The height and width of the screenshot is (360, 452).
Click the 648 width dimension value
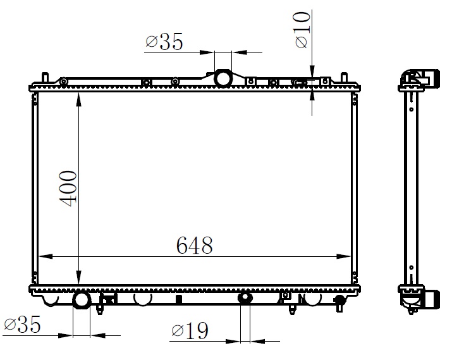pyautogui.click(x=194, y=245)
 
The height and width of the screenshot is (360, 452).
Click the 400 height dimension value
pyautogui.click(x=68, y=189)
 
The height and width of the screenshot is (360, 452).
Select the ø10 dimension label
pyautogui.click(x=302, y=30)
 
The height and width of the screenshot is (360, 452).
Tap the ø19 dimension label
pyautogui.click(x=190, y=330)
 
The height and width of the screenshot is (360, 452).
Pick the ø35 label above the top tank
pyautogui.click(x=164, y=41)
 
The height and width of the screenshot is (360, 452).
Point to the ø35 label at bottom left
pyautogui.click(x=22, y=324)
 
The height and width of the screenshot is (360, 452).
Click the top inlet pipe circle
pyautogui.click(x=223, y=78)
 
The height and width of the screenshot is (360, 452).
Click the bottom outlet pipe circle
pyautogui.click(x=82, y=301)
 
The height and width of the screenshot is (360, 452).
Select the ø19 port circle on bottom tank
pyautogui.click(x=245, y=298)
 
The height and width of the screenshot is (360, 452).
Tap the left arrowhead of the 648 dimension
pyautogui.click(x=46, y=256)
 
